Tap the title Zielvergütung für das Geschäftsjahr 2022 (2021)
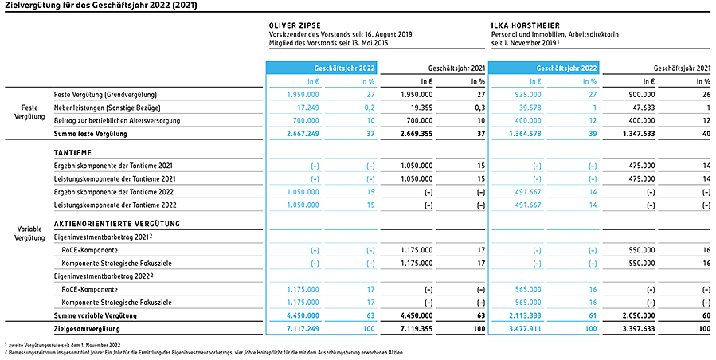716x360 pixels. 102,6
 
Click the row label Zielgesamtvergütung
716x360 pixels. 87,329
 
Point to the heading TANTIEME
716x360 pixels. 72,153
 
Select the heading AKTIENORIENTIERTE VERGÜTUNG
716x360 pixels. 117,224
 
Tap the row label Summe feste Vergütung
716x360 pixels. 91,134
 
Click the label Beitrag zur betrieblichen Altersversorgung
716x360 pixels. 117,120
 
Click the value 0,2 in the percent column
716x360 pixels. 370,108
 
